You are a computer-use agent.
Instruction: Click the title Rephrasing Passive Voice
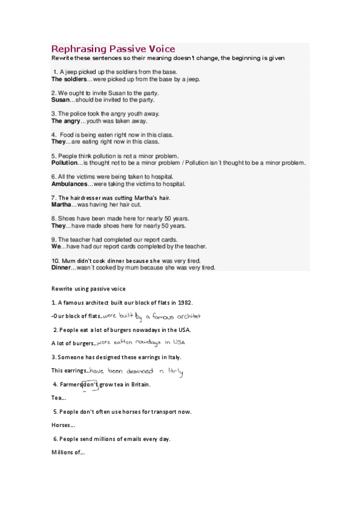[x=113, y=49]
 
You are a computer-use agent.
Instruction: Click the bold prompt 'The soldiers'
[x=69, y=79]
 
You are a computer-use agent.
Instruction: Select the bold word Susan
[x=60, y=100]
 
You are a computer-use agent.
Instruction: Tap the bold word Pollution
[x=65, y=162]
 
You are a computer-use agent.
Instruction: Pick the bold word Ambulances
[x=69, y=183]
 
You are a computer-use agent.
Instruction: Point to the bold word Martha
[x=61, y=204]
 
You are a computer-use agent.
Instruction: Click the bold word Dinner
[x=62, y=267]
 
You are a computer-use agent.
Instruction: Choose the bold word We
[x=55, y=246]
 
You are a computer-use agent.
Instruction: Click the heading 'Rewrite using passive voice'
[x=88, y=288]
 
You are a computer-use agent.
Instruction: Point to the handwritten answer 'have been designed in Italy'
[x=136, y=370]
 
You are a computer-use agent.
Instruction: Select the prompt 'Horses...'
[x=63, y=425]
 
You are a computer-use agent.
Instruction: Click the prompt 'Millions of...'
[x=69, y=453]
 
